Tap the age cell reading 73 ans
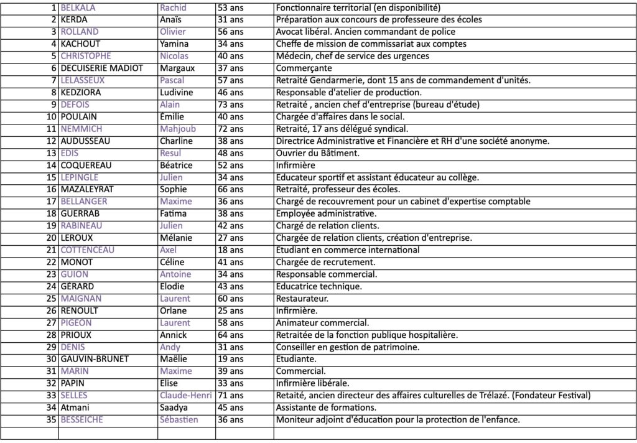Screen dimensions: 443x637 click(230, 105)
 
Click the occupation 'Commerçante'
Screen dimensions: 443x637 click(304, 68)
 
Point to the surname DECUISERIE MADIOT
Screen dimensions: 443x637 click(102, 68)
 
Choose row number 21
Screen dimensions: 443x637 click(52, 250)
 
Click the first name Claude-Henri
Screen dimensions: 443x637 click(186, 396)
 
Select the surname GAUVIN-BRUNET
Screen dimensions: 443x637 click(94, 359)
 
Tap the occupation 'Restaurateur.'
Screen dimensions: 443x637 click(302, 299)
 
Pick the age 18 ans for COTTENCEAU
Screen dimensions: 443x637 click(230, 250)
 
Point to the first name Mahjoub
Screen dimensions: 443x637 click(179, 129)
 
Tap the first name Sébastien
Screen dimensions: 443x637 click(179, 420)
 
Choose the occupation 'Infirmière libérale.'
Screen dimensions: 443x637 click(312, 383)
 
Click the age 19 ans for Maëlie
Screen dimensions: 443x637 click(230, 359)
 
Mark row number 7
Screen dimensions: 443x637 click(54, 80)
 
